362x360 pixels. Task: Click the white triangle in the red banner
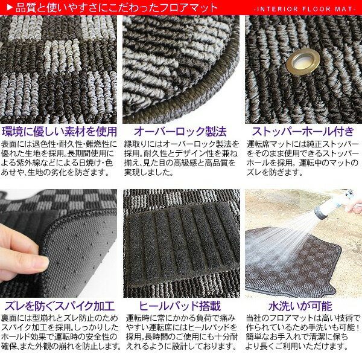(x=10, y=8)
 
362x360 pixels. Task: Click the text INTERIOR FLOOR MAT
(x=305, y=9)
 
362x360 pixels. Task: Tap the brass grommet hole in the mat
(x=303, y=62)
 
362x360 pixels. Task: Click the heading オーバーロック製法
(x=180, y=132)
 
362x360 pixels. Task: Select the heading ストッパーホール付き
(x=303, y=132)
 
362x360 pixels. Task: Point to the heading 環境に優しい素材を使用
(x=59, y=132)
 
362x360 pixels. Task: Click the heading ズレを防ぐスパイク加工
(x=60, y=306)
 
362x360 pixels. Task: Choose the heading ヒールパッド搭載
(x=180, y=306)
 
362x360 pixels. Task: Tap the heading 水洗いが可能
(x=300, y=306)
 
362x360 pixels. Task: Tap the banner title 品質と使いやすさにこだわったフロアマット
(x=116, y=8)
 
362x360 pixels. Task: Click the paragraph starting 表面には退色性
(x=59, y=158)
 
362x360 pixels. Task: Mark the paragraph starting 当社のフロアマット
(x=303, y=332)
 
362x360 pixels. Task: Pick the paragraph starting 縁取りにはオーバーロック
(x=182, y=158)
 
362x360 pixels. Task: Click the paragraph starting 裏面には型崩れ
(x=61, y=332)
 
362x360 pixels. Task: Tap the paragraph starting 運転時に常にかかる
(x=182, y=332)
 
